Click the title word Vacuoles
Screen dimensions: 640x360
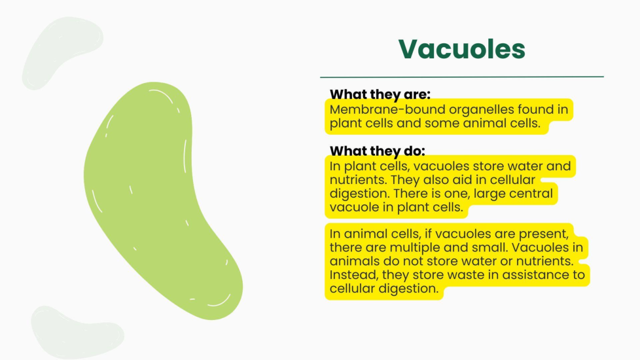[461, 49]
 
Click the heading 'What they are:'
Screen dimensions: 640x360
[380, 94]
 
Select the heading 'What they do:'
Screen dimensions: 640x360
[377, 151]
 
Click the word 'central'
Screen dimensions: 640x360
[530, 194]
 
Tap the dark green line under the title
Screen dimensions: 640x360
[461, 77]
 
